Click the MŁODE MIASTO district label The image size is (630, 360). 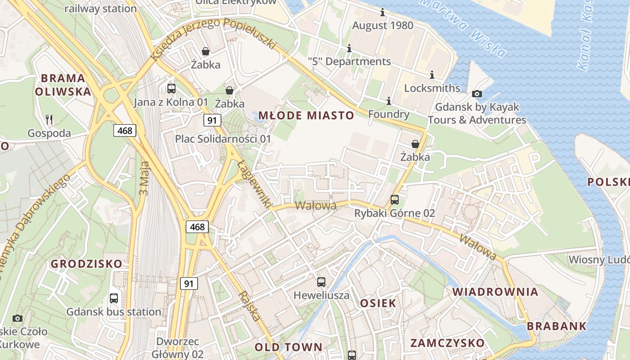point(306,116)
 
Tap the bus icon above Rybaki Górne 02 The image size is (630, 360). point(395,199)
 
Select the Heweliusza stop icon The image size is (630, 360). point(321,282)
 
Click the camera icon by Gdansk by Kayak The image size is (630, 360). point(477,94)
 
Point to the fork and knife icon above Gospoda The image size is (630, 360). point(49,120)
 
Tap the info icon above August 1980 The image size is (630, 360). point(382,12)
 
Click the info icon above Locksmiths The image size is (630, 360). point(432,75)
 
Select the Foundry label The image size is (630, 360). point(389,114)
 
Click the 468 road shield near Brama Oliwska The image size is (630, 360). point(125,130)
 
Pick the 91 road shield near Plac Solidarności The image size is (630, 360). point(212,120)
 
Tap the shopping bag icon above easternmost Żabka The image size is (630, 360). point(415,144)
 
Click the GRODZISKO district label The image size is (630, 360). point(86,264)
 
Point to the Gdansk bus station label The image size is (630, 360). point(113,312)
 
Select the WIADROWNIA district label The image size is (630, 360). point(495,292)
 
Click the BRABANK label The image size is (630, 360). point(557,326)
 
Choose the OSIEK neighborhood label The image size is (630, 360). point(378,303)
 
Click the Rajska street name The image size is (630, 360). point(250,306)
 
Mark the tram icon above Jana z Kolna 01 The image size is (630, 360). point(171,89)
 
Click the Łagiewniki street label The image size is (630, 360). point(254,184)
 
